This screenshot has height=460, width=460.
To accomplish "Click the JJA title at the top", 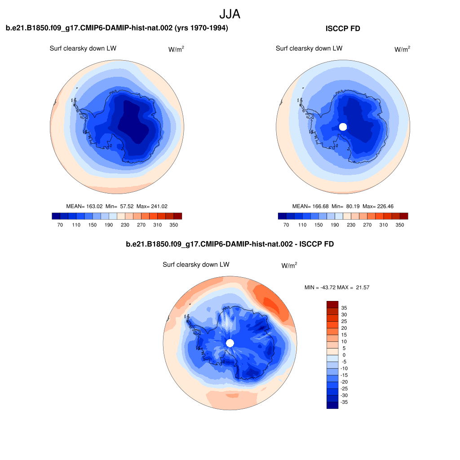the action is [230, 14].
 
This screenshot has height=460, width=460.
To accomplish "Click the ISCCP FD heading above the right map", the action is [343, 28].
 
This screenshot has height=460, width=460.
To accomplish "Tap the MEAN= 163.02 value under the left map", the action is [84, 206].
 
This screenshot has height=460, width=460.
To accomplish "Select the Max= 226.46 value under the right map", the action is [378, 206].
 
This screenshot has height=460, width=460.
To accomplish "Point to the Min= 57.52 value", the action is [119, 206].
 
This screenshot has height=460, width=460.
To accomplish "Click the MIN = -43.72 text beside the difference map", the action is [320, 287].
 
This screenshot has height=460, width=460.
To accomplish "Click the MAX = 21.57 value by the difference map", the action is [353, 287].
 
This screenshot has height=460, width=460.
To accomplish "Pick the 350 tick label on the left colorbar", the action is [174, 225].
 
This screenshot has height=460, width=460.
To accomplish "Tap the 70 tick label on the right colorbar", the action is [286, 225].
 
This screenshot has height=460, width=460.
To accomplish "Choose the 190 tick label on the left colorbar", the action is [109, 225].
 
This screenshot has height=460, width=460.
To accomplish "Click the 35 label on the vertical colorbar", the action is [344, 308].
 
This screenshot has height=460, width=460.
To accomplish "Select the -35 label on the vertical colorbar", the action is [344, 402].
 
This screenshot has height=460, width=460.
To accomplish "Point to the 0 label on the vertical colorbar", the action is [344, 355].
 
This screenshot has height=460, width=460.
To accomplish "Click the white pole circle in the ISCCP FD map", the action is [343, 127].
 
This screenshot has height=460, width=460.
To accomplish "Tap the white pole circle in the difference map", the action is [230, 343].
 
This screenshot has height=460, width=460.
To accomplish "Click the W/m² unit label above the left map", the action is [176, 49].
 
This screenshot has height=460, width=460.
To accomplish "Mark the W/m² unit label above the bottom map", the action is [289, 265].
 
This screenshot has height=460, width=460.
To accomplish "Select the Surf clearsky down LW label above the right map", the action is [309, 49].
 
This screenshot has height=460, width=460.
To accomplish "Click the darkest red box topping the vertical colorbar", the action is [332, 304].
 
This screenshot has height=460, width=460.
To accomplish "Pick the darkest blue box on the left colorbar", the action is [56, 216].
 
